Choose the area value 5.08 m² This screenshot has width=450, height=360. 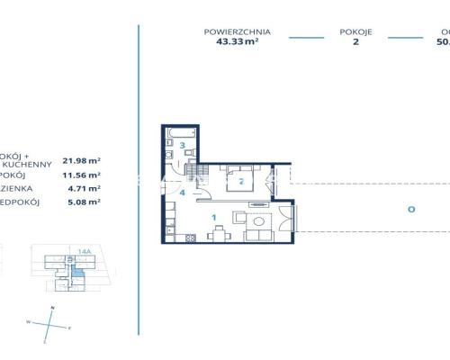click(x=84, y=203)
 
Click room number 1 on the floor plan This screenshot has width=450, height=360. click(x=213, y=217)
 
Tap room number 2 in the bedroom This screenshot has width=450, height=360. click(x=241, y=180)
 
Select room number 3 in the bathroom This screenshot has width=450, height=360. click(x=182, y=145)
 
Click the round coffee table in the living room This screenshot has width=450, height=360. click(x=259, y=221)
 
